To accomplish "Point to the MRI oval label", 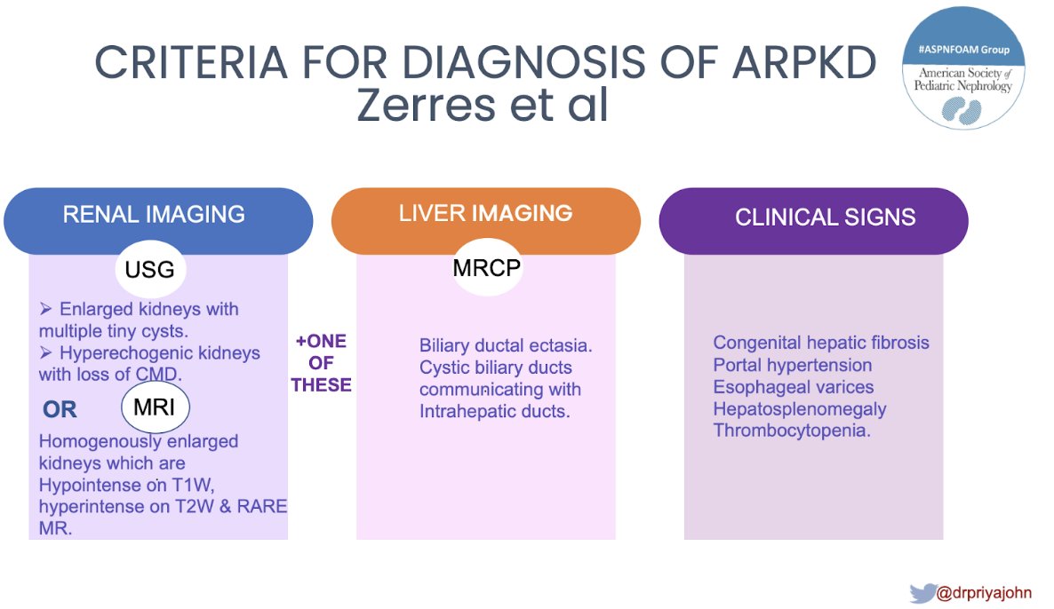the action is (155, 408).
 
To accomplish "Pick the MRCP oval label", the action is (485, 266).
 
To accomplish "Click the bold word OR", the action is (60, 409).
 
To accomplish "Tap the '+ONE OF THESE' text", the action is (321, 363).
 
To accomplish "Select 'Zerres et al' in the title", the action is (483, 106).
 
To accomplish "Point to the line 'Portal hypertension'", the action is (793, 365).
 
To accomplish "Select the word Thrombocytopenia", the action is (792, 431).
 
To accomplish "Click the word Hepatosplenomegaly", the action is (800, 409).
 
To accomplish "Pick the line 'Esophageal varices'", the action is (794, 387).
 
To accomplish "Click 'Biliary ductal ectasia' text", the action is (506, 345).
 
